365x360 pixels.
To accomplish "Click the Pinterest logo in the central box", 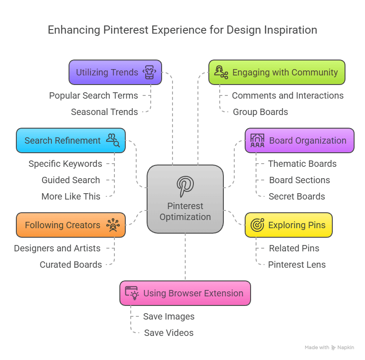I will [x=185, y=186].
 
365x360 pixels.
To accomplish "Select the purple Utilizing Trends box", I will [x=115, y=72].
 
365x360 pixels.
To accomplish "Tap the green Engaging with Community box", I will [x=276, y=72].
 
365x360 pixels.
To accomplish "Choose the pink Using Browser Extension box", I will [x=185, y=293].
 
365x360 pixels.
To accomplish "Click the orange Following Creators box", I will [x=71, y=225].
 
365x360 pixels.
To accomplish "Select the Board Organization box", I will [x=299, y=140].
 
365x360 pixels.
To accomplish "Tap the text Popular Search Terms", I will [x=94, y=95].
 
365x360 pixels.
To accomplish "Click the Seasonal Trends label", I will [x=104, y=112].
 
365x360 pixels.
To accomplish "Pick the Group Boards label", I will [x=260, y=112].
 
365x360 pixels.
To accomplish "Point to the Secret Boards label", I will [x=296, y=196].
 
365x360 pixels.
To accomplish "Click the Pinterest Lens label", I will [x=296, y=265].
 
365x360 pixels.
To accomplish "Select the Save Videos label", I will [x=168, y=333].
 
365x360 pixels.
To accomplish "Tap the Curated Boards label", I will [x=71, y=265].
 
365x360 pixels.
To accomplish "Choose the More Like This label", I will [x=71, y=196].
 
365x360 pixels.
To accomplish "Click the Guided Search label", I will [x=71, y=180].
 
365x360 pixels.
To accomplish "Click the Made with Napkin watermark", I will [x=329, y=347].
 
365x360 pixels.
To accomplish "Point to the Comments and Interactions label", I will [x=287, y=95].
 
